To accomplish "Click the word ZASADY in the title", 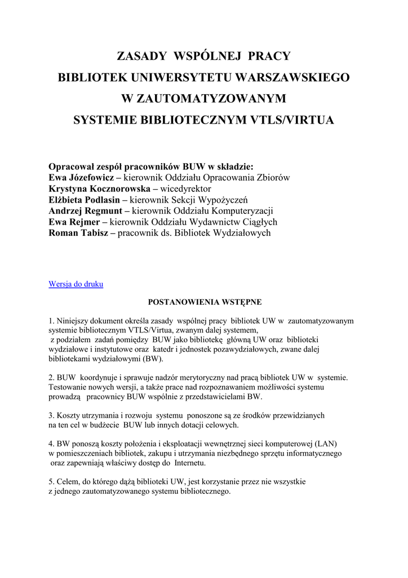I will tap(141, 56).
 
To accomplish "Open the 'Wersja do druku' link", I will tap(76, 284).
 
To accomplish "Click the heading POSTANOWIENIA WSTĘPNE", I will tap(205, 302).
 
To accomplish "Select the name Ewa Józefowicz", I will tap(81, 178).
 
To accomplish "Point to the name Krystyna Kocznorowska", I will tap(100, 189).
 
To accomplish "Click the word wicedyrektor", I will tap(185, 189).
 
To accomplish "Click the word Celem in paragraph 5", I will tap(67, 482).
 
